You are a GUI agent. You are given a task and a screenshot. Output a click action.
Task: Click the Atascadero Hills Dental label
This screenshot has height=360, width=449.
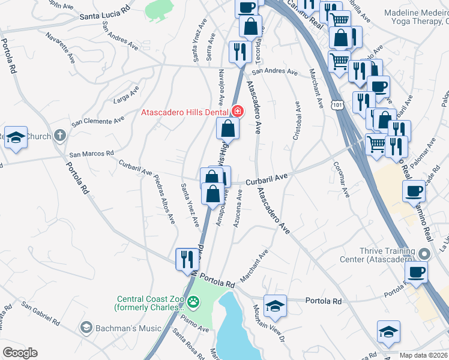[184, 112]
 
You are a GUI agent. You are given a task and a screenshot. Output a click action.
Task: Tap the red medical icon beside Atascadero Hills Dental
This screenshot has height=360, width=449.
[237, 112]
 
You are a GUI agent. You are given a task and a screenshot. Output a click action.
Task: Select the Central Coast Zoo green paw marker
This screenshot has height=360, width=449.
[193, 301]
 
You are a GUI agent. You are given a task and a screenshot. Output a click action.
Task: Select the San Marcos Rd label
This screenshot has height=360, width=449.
[91, 154]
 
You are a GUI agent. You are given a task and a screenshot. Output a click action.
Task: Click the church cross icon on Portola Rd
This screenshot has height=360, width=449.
[59, 136]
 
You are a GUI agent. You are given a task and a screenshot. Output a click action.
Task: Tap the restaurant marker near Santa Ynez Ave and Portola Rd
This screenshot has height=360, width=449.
[187, 259]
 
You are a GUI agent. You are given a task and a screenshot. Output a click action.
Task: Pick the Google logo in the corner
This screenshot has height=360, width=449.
[20, 353]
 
